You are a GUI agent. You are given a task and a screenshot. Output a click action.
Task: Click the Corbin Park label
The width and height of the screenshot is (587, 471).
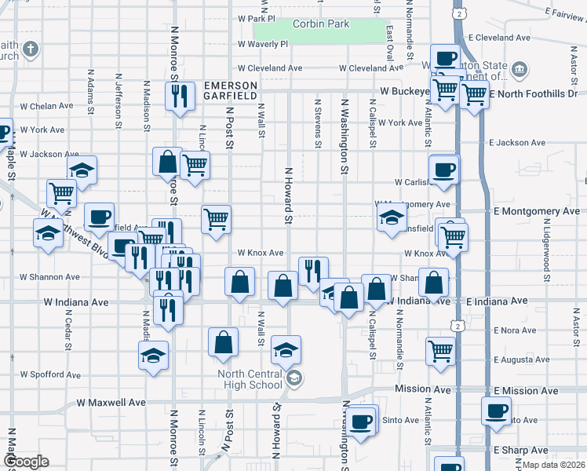pyautogui.click(x=320, y=24)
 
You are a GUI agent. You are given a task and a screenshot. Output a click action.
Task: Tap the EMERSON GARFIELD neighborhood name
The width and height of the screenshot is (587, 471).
pyautogui.click(x=230, y=89)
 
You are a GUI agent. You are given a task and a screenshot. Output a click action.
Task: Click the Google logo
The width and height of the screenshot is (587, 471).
pyautogui.click(x=26, y=462)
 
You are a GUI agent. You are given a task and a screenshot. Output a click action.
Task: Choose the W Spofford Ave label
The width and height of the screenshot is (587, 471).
pyautogui.click(x=50, y=375)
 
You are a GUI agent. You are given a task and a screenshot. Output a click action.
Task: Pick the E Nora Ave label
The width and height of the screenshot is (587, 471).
pyautogui.click(x=515, y=330)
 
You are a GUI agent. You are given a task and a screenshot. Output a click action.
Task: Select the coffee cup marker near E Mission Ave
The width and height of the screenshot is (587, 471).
pyautogui.click(x=496, y=411)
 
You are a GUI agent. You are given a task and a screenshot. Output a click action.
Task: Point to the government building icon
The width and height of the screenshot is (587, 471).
pyautogui.click(x=519, y=71)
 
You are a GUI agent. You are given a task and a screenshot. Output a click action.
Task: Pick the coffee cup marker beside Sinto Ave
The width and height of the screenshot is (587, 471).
pyautogui.click(x=361, y=422)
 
